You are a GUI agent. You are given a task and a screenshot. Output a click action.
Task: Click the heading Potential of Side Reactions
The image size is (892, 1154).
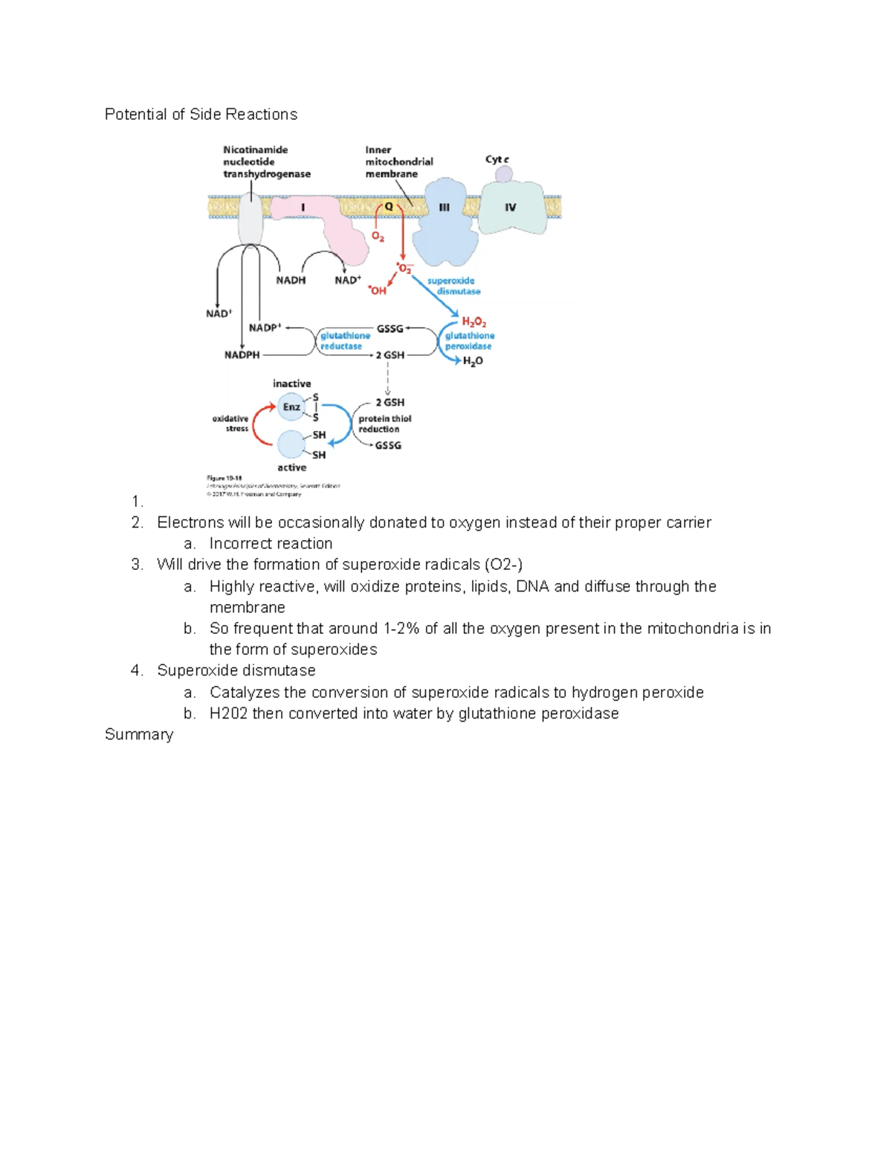201,114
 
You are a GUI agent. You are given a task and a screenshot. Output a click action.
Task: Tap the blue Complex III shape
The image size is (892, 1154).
445,222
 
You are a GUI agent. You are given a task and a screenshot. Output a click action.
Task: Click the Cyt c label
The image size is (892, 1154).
497,159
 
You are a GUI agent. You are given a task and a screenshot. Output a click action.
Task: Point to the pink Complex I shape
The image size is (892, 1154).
320,220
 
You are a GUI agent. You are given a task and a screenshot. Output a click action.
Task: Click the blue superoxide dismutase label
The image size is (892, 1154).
453,286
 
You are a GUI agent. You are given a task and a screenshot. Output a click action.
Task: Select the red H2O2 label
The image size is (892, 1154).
474,322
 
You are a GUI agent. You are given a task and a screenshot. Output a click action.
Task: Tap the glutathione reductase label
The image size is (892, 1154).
344,341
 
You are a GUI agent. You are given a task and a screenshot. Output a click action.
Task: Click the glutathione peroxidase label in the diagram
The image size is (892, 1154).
469,341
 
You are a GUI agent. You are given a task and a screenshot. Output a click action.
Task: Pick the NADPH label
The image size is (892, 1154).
242,355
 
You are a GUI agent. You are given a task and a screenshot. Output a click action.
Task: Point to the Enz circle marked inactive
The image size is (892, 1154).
291,406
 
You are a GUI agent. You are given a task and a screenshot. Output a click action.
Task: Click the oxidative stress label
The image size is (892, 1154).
231,424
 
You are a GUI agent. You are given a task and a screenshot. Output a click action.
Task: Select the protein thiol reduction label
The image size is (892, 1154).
384,424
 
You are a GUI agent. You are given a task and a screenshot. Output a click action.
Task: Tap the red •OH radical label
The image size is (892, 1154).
378,291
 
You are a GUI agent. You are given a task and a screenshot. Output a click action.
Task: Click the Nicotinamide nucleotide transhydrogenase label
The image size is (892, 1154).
266,162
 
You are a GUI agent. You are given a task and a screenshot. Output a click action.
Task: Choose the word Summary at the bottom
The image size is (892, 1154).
139,734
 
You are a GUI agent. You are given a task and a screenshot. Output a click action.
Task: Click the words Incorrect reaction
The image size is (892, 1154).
271,543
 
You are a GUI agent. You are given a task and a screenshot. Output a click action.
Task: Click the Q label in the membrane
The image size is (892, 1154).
389,207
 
